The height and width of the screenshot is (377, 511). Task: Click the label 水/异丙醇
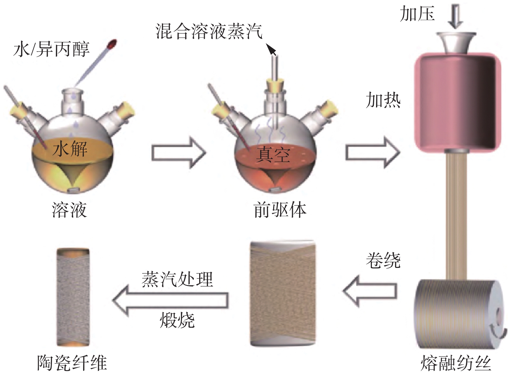[x=52, y=49]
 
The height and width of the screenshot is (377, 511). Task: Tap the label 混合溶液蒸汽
[x=209, y=31]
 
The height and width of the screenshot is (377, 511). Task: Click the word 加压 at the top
[x=417, y=13]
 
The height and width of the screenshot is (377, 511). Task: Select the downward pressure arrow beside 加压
[x=455, y=17]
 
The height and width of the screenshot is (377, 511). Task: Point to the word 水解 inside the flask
[x=70, y=148]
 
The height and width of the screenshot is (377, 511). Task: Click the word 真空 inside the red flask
[x=273, y=155]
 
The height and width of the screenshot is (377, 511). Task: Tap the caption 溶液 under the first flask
[x=69, y=210]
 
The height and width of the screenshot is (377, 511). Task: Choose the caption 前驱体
[x=280, y=210]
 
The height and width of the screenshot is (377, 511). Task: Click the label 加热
[x=383, y=100]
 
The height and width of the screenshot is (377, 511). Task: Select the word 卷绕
[x=383, y=260]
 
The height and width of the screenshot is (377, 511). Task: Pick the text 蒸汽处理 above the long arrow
[x=177, y=279]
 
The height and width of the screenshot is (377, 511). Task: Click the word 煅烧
[x=177, y=320]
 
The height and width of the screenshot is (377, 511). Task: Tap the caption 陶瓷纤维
[x=72, y=363]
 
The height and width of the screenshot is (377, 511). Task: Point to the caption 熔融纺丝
[x=456, y=363]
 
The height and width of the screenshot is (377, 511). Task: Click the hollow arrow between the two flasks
[x=179, y=153]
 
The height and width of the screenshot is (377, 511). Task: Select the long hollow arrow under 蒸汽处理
[x=170, y=300]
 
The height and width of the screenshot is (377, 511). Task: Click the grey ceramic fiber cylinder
[x=73, y=297]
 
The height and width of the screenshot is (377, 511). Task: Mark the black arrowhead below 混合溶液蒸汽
[x=271, y=50]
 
